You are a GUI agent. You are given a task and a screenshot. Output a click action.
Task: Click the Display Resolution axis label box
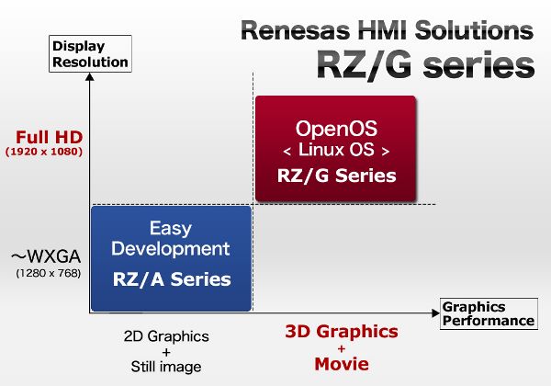pyautogui.click(x=90, y=54)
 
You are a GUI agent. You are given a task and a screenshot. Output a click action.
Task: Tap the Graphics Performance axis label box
pyautogui.click(x=489, y=313)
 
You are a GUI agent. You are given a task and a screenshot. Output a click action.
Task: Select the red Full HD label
pyautogui.click(x=50, y=137)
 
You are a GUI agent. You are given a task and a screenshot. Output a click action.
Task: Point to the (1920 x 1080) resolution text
pyautogui.click(x=44, y=152)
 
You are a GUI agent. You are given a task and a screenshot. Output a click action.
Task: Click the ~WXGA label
pyautogui.click(x=46, y=256)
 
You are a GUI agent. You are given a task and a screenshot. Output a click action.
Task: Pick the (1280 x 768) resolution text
pyautogui.click(x=49, y=273)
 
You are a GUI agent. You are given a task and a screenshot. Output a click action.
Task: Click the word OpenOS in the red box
pyautogui.click(x=336, y=129)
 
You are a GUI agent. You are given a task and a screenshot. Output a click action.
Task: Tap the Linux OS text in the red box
pyautogui.click(x=336, y=150)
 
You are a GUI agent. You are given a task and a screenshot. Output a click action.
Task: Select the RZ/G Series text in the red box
pyautogui.click(x=337, y=175)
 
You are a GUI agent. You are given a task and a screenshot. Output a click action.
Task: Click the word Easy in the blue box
pyautogui.click(x=171, y=229)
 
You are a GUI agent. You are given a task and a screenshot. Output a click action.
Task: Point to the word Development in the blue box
pyautogui.click(x=171, y=249)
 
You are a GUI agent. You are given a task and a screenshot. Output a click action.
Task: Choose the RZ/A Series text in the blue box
pyautogui.click(x=172, y=279)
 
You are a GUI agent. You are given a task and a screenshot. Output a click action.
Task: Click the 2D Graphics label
pyautogui.click(x=166, y=336)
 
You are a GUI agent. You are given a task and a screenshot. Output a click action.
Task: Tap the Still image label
pyautogui.click(x=166, y=367)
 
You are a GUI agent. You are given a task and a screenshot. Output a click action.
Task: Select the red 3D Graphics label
pyautogui.click(x=342, y=331)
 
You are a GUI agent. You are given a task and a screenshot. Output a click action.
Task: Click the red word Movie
pyautogui.click(x=342, y=364)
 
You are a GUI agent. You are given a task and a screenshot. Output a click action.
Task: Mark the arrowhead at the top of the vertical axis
pyautogui.click(x=90, y=76)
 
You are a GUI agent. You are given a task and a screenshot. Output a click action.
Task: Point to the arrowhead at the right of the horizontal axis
pyautogui.click(x=435, y=312)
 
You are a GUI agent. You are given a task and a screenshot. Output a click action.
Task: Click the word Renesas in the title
pyautogui.click(x=295, y=30)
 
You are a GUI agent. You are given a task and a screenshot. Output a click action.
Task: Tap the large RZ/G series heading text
pyautogui.click(x=425, y=65)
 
